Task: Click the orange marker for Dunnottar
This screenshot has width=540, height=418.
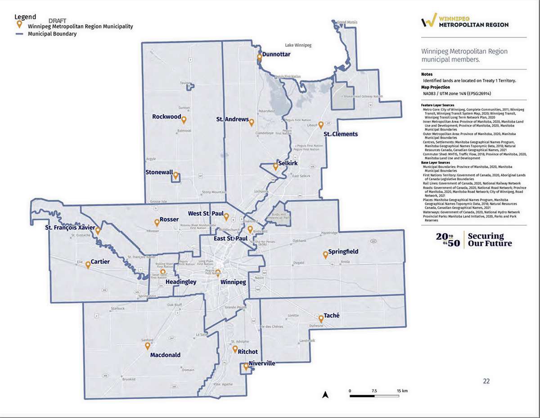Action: [259, 58]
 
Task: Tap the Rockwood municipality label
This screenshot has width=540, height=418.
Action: [166, 117]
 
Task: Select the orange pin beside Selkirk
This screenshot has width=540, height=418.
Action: [276, 167]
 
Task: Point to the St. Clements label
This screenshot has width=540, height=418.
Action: [341, 134]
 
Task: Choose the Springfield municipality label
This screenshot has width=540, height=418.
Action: [343, 251]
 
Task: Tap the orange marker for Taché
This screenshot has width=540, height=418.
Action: [321, 318]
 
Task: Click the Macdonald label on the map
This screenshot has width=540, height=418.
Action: [165, 355]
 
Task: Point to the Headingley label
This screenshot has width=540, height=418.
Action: [181, 282]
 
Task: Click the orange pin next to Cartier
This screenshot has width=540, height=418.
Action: [88, 265]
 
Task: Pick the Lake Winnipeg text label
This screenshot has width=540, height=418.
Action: [298, 45]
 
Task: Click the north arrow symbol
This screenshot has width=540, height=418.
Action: [326, 395]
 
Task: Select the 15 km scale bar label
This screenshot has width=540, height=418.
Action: [402, 391]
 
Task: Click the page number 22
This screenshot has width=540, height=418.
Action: [486, 381]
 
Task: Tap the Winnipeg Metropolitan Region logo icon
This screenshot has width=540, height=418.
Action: [429, 21]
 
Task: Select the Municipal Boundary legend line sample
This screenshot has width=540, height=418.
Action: [20, 34]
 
